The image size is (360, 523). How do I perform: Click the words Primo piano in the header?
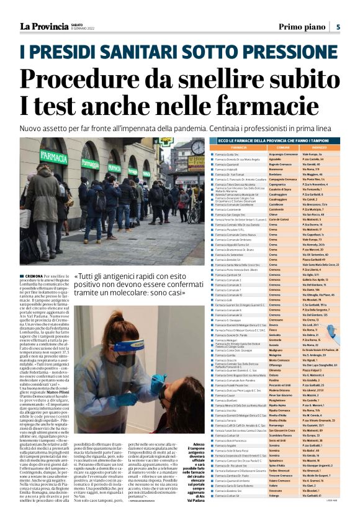point(300,26)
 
